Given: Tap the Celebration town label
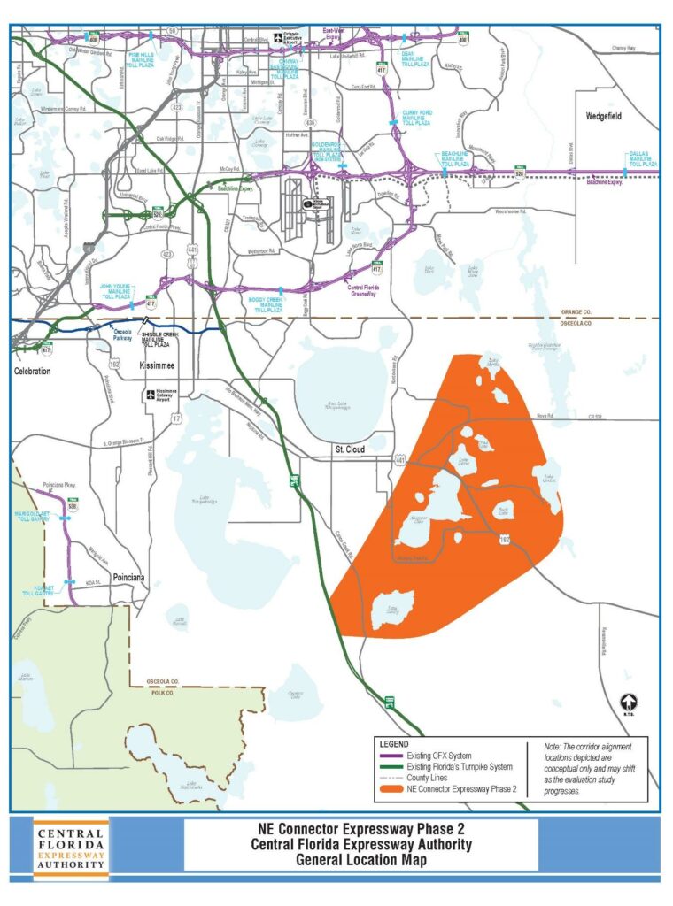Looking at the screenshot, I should pyautogui.click(x=32, y=372).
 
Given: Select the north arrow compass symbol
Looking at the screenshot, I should pyautogui.click(x=627, y=703).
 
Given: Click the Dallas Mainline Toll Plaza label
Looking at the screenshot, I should pyautogui.click(x=642, y=159).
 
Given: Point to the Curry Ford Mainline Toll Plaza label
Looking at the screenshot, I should pyautogui.click(x=414, y=116).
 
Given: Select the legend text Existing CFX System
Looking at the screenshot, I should pyautogui.click(x=439, y=756).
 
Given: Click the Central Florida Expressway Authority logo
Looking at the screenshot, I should pyautogui.click(x=71, y=849).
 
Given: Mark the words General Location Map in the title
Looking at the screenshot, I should pyautogui.click(x=360, y=859).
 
